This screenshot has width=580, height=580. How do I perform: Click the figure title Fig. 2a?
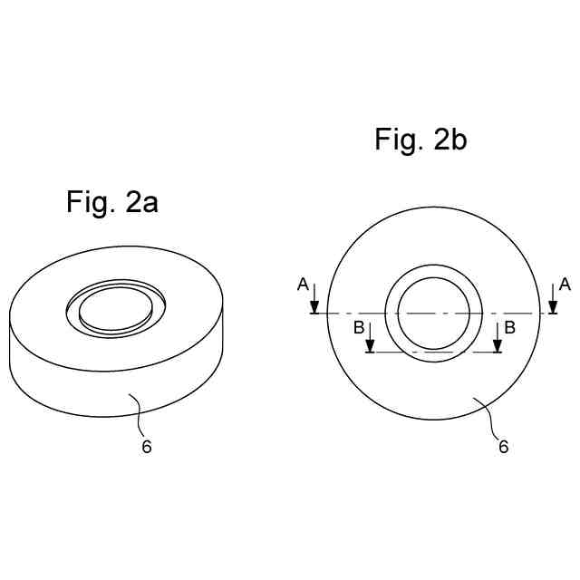coord(112,202)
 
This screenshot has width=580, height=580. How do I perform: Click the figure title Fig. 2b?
coord(420,140)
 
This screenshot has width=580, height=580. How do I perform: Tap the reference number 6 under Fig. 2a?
coord(147,447)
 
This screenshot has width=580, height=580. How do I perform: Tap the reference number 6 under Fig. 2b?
coord(504,447)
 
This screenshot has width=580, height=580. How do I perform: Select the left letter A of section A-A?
coord(303,285)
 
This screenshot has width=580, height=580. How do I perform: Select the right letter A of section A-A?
coord(565,285)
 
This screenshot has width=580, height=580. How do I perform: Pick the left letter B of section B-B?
coord(359,328)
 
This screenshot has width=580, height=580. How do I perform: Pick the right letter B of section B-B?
coord(509,328)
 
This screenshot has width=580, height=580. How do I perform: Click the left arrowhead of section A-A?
coord(314,307)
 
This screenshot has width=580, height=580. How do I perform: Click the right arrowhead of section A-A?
coord(553,307)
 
